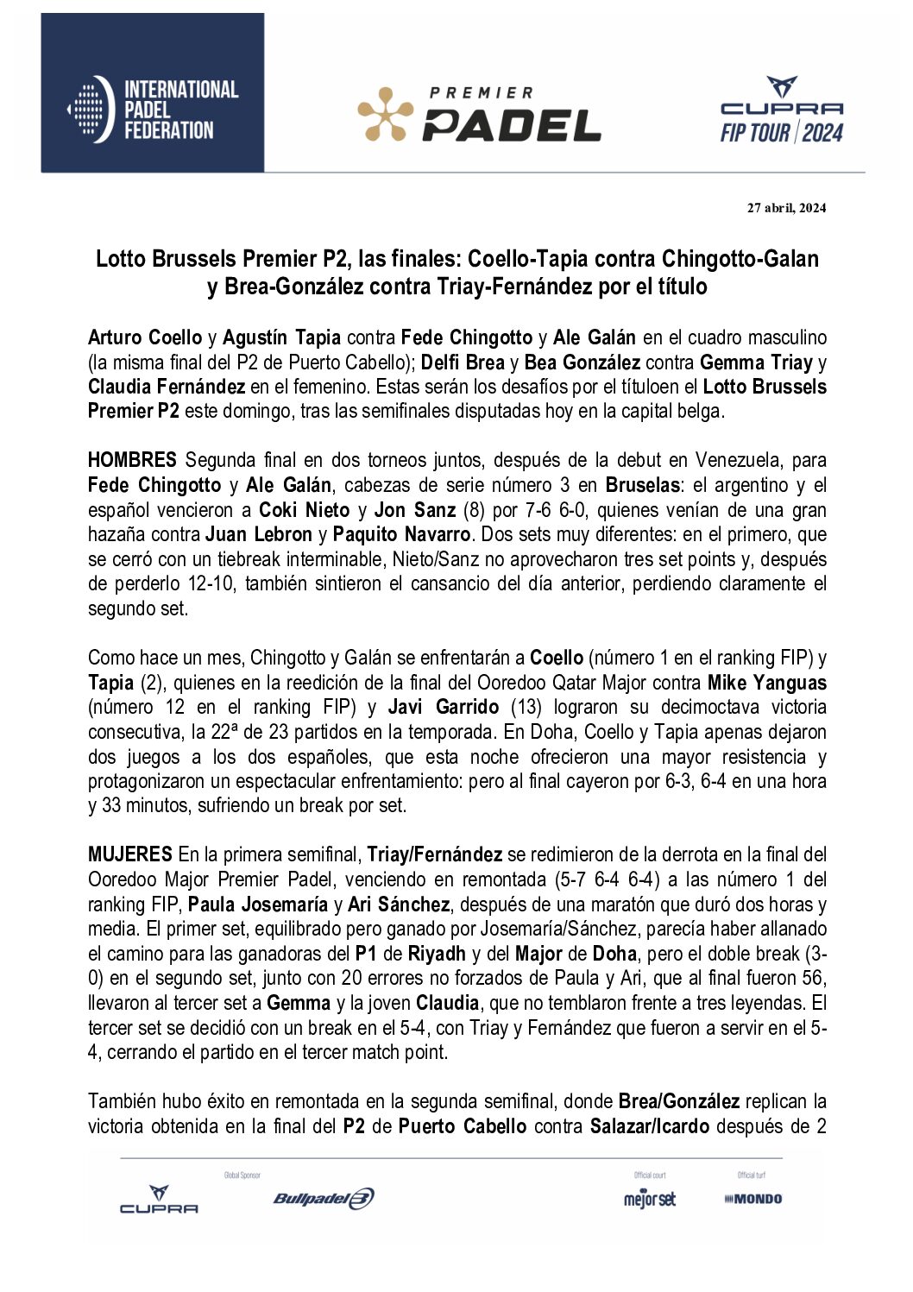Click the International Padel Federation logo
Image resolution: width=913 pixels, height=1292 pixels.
(153, 110)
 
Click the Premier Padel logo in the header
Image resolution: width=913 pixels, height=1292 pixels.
(479, 115)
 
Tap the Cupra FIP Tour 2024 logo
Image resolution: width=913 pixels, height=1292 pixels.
(782, 110)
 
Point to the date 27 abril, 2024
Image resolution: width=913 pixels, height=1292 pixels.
(786, 208)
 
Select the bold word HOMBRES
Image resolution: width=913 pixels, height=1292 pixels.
(132, 460)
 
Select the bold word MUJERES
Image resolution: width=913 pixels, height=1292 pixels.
(130, 854)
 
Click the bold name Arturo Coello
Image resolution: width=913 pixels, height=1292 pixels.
(145, 337)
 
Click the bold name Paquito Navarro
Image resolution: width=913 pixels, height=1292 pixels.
(401, 534)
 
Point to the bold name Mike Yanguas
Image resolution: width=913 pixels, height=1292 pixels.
(766, 683)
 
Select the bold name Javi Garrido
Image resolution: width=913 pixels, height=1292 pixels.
(444, 707)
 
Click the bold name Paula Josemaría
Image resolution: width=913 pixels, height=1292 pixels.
(257, 904)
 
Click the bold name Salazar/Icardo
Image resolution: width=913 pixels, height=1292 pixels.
(650, 1126)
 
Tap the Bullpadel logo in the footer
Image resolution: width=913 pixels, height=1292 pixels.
(324, 1199)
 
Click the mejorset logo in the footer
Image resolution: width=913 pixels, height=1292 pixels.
(650, 1199)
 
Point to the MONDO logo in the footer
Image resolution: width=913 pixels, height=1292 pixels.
(753, 1199)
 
